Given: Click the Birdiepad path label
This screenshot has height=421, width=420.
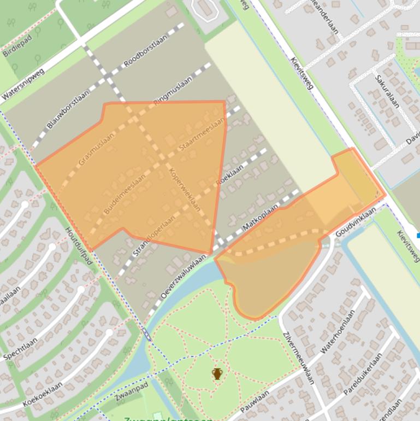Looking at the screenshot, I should [18, 45].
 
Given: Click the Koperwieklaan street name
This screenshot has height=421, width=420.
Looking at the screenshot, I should [185, 189].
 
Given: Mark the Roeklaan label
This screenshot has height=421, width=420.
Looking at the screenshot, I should [229, 174].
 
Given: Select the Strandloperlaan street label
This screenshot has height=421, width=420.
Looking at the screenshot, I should [154, 235].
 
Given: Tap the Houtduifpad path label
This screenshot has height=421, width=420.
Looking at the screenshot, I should [79, 246].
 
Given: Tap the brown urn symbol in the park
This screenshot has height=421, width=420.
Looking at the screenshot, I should [217, 374].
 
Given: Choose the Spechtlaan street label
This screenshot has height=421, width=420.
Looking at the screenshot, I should [21, 349].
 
